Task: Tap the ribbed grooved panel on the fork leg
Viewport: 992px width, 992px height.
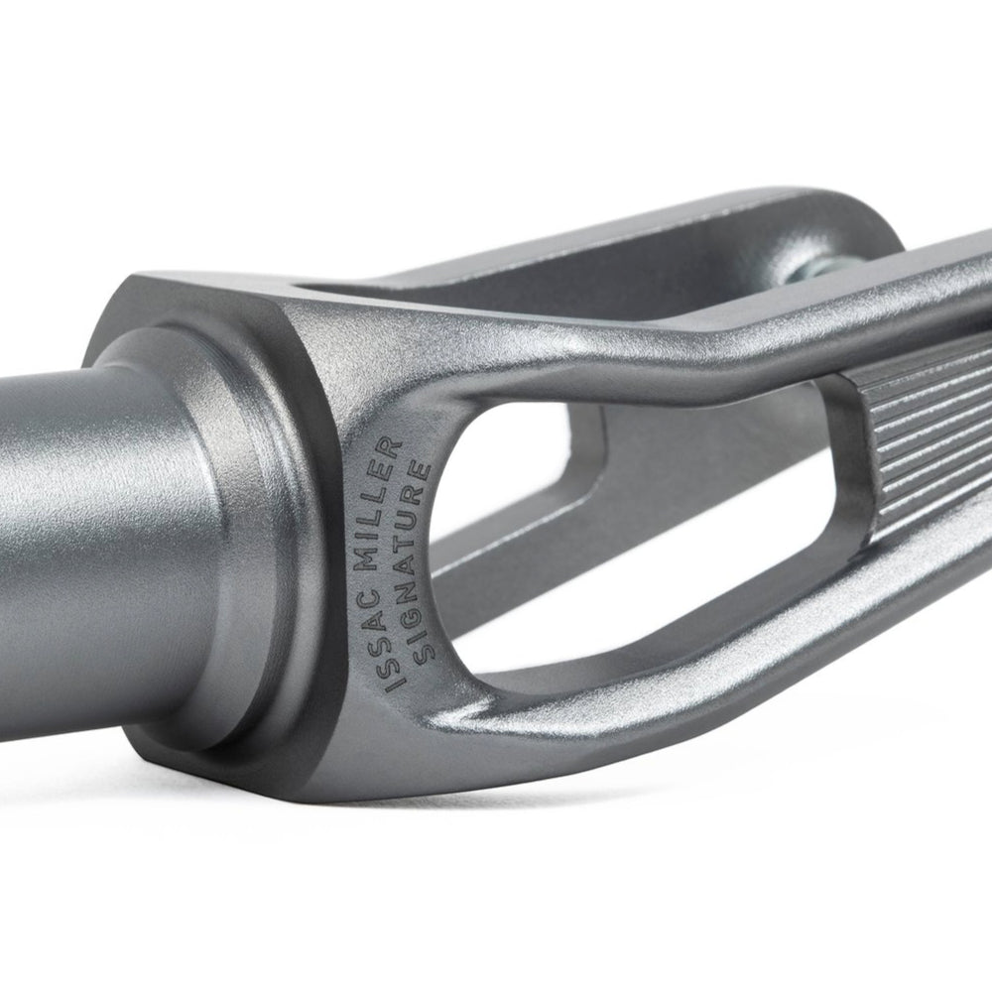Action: pyautogui.click(x=932, y=436)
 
